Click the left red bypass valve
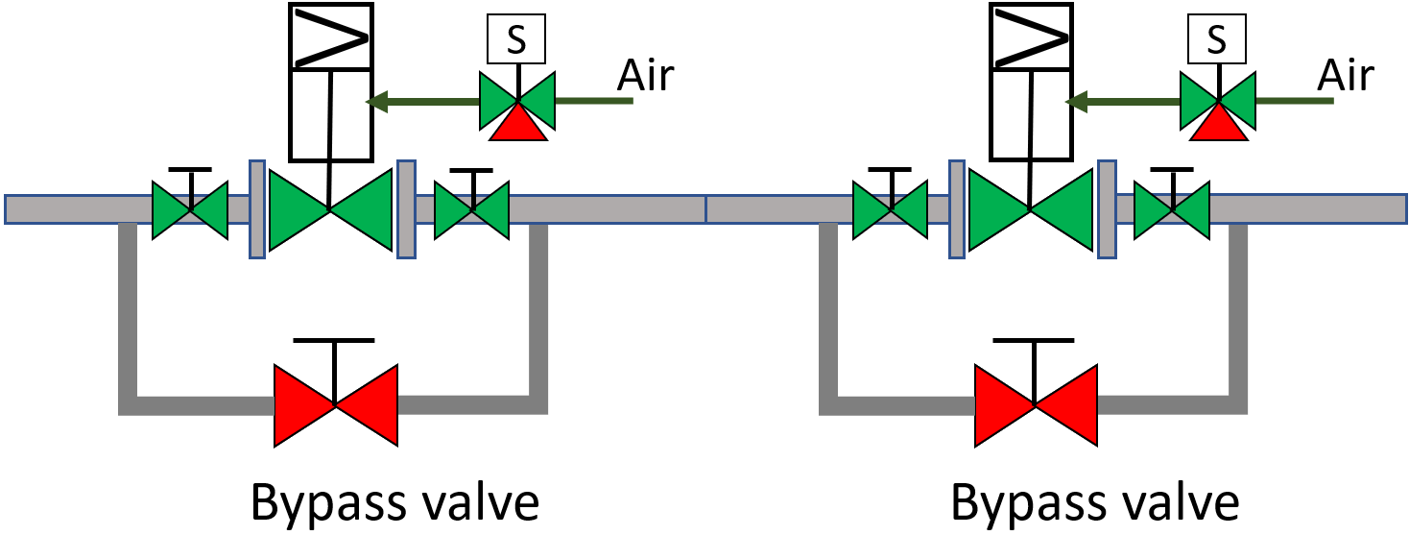[335, 404]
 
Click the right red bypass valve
[1035, 404]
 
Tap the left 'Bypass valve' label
[394, 502]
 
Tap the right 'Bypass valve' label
[1094, 502]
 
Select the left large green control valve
[330, 209]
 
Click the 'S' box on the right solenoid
[1217, 40]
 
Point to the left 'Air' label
[647, 75]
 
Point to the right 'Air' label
[1346, 75]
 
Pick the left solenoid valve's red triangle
[518, 123]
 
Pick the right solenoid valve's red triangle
[1218, 123]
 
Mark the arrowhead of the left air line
[376, 99]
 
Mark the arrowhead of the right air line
[1076, 99]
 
